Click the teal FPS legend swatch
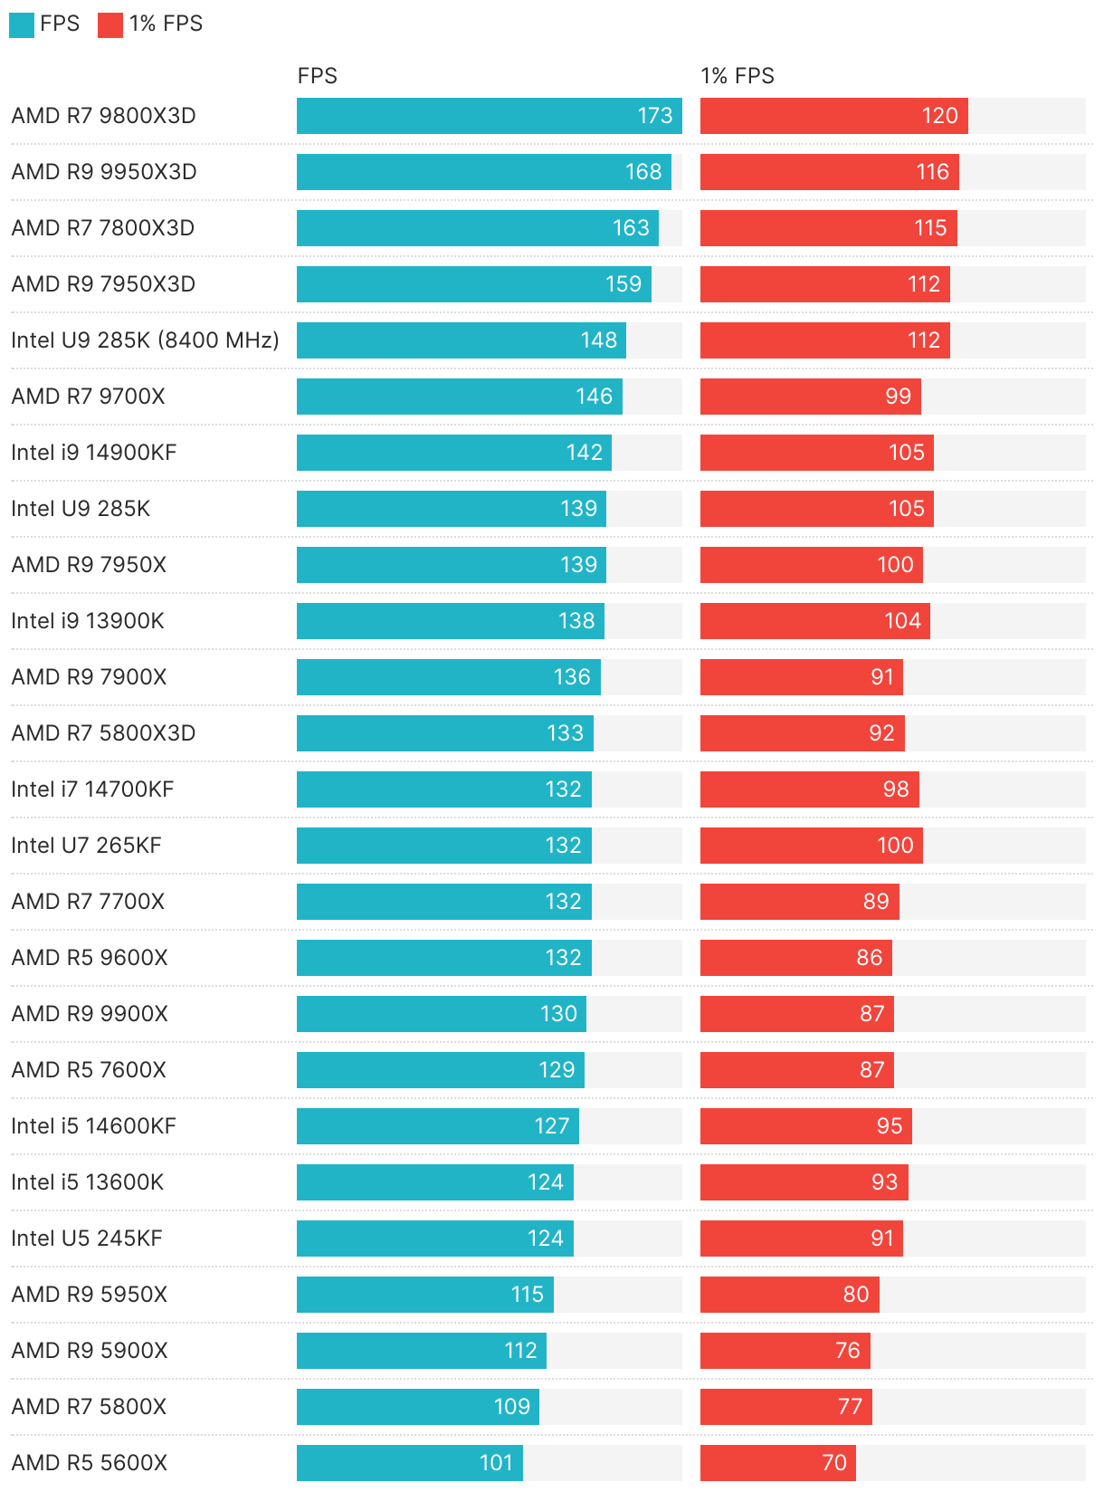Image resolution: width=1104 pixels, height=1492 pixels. [21, 24]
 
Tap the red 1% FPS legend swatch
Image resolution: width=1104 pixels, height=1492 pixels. [109, 24]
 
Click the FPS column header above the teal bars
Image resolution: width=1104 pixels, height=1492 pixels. [317, 76]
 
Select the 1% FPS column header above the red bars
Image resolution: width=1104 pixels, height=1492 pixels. [737, 76]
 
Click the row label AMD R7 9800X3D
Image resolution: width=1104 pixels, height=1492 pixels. [103, 116]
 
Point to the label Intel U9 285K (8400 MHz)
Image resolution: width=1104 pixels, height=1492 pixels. [145, 340]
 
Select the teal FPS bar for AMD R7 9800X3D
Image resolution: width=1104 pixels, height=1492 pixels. [489, 116]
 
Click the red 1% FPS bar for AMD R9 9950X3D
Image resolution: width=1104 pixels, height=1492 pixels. [829, 172]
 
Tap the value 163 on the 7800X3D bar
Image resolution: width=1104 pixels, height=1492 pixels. [631, 228]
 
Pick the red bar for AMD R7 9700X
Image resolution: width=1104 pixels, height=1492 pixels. [810, 397]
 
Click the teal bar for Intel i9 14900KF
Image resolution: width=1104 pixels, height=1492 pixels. [453, 453]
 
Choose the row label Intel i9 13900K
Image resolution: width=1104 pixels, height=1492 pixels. [88, 621]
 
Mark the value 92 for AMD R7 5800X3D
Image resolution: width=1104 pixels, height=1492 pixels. [881, 733]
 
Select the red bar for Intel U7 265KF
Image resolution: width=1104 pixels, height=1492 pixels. [811, 846]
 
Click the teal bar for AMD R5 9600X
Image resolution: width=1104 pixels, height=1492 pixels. [443, 958]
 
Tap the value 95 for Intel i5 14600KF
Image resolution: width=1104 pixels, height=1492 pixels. [890, 1126]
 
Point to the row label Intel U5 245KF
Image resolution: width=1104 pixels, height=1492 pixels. [87, 1239]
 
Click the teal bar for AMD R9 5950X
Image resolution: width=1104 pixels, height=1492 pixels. [424, 1295]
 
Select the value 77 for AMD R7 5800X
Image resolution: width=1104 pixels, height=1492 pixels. [850, 1407]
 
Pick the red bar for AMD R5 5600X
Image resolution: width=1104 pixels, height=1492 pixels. [777, 1463]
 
